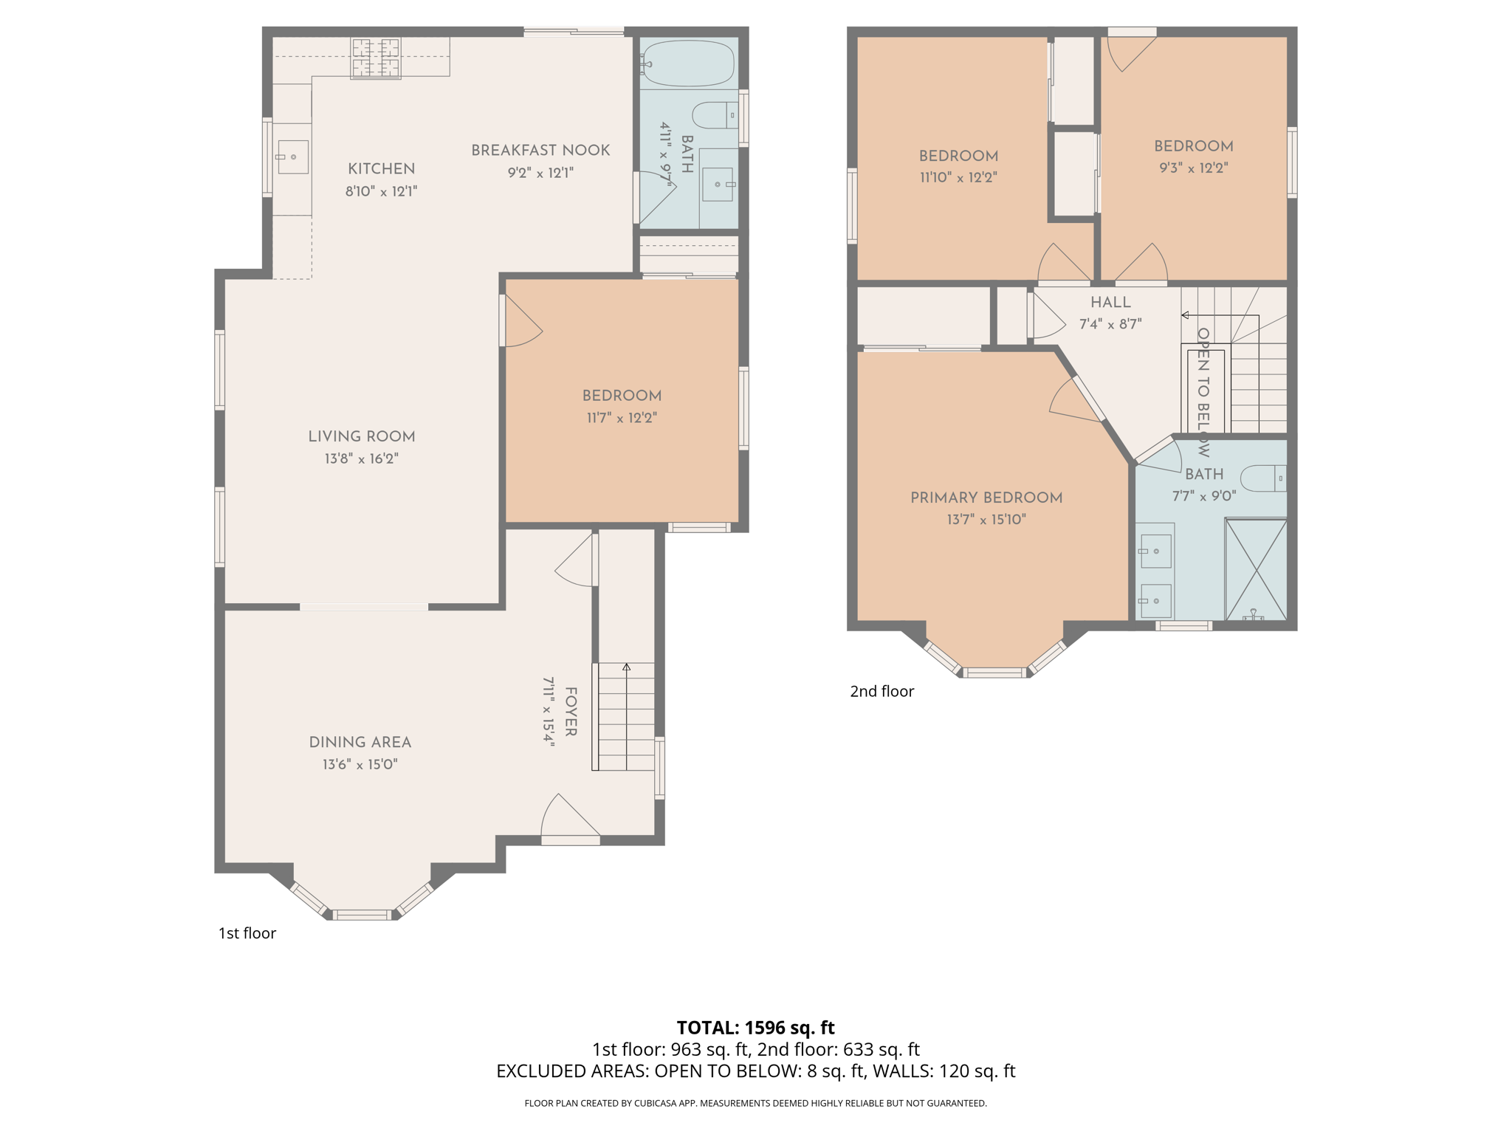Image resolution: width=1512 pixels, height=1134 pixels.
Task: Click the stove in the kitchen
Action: tap(376, 58)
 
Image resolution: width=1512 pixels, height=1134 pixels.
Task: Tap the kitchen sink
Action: tap(292, 157)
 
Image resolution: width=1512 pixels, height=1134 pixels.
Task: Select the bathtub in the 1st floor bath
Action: tap(688, 63)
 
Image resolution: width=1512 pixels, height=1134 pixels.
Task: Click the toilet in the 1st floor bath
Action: tap(715, 115)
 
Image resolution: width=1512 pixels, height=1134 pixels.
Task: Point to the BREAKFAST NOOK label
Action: tap(540, 151)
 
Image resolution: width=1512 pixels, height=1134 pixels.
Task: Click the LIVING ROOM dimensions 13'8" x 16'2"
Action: tap(361, 458)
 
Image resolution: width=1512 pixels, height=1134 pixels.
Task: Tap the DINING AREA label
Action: tap(360, 742)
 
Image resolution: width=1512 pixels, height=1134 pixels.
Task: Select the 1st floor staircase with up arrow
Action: tap(625, 716)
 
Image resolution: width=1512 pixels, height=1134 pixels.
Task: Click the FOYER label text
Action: tap(571, 712)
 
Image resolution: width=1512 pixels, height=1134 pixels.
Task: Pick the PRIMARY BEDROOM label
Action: tap(986, 498)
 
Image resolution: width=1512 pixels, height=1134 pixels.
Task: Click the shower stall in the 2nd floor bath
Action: tap(1255, 568)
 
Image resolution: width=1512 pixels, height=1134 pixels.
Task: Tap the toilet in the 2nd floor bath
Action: tap(1263, 478)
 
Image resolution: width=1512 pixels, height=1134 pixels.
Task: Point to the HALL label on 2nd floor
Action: tap(1110, 302)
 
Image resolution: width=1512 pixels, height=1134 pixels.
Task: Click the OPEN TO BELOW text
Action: tap(1203, 391)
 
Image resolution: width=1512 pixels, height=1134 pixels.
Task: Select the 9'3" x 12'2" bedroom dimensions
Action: tap(1193, 168)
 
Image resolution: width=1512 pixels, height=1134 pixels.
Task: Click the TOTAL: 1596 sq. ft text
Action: tap(755, 1027)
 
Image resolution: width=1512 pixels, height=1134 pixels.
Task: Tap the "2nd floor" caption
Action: tap(882, 691)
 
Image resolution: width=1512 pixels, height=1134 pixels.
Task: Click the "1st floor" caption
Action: tap(247, 933)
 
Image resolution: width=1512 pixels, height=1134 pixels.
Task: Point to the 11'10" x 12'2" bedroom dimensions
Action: tap(958, 177)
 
